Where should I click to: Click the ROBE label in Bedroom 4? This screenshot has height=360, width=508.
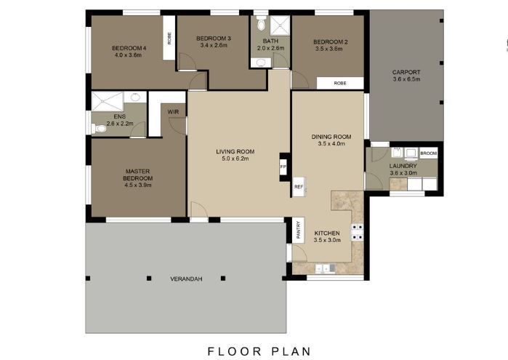[x=169, y=38]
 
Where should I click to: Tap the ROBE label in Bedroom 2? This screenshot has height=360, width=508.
[x=340, y=83]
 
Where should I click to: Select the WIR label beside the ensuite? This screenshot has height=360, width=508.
[x=174, y=111]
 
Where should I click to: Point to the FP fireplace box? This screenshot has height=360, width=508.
[x=284, y=167]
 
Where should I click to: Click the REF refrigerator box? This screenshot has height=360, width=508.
[x=298, y=187]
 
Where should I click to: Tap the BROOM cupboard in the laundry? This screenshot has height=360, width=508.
[x=429, y=153]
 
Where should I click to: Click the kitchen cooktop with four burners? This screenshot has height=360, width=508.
[x=358, y=232]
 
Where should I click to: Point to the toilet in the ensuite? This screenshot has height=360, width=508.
[x=100, y=129]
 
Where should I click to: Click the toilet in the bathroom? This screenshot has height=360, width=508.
[x=261, y=17]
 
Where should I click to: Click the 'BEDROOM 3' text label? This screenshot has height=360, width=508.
[x=213, y=39]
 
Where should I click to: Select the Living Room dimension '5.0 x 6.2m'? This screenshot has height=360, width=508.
[x=233, y=159]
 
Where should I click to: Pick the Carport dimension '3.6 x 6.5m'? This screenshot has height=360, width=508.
[x=406, y=79]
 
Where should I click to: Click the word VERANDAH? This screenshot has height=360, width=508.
[x=185, y=279]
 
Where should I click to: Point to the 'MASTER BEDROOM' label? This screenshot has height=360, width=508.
[x=137, y=175]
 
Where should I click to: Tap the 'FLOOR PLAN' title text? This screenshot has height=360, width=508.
[x=259, y=351]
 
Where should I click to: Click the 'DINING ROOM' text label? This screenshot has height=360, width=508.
[x=331, y=137]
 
